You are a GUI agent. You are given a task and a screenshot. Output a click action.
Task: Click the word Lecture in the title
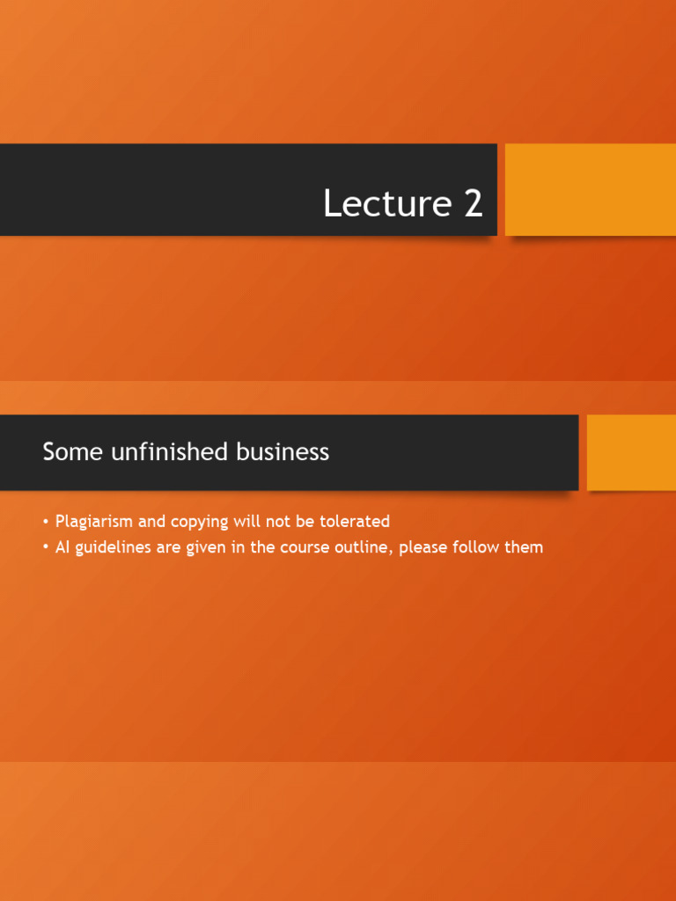pyautogui.click(x=386, y=204)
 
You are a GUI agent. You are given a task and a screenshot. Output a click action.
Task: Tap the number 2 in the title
pyautogui.click(x=473, y=204)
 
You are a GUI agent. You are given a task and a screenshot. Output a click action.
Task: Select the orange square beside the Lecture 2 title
pyautogui.click(x=590, y=189)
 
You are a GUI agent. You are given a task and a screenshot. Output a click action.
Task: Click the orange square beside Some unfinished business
pyautogui.click(x=631, y=452)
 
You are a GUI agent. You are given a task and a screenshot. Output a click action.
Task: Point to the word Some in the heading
pyautogui.click(x=67, y=452)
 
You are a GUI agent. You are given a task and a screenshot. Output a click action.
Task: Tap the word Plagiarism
pyautogui.click(x=94, y=522)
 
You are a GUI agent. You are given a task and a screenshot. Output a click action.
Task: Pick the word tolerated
pyautogui.click(x=355, y=522)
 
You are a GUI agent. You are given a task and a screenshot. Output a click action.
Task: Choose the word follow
pyautogui.click(x=481, y=547)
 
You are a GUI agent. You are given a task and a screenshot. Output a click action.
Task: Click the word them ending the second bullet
pyautogui.click(x=525, y=547)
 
